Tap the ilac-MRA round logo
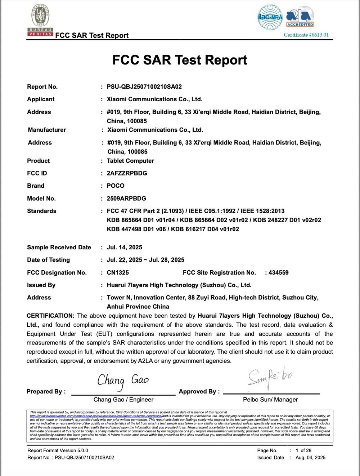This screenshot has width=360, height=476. click(x=270, y=17)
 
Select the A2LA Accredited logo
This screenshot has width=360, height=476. click(x=300, y=18)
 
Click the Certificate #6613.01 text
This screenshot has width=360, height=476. click(x=306, y=35)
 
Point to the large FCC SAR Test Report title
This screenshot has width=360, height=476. click(x=180, y=60)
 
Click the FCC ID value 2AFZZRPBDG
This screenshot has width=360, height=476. click(x=127, y=173)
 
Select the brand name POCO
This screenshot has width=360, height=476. click(x=116, y=186)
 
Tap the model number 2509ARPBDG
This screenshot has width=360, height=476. click(x=126, y=199)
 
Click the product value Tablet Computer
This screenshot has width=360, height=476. click(x=130, y=161)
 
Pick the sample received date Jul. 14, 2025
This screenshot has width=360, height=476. click(x=124, y=247)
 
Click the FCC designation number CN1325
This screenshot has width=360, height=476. click(x=118, y=273)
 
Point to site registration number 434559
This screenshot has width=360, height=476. click(x=278, y=273)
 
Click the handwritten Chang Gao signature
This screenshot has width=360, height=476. click(x=123, y=381)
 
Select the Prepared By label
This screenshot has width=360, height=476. click(x=46, y=392)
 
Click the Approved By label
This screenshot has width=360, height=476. click(x=199, y=392)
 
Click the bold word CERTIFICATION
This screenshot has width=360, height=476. click(x=50, y=316)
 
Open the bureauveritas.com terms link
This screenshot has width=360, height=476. click(x=96, y=416)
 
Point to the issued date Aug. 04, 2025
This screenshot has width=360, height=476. click(x=310, y=458)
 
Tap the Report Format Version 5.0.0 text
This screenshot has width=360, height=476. click(x=58, y=450)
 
